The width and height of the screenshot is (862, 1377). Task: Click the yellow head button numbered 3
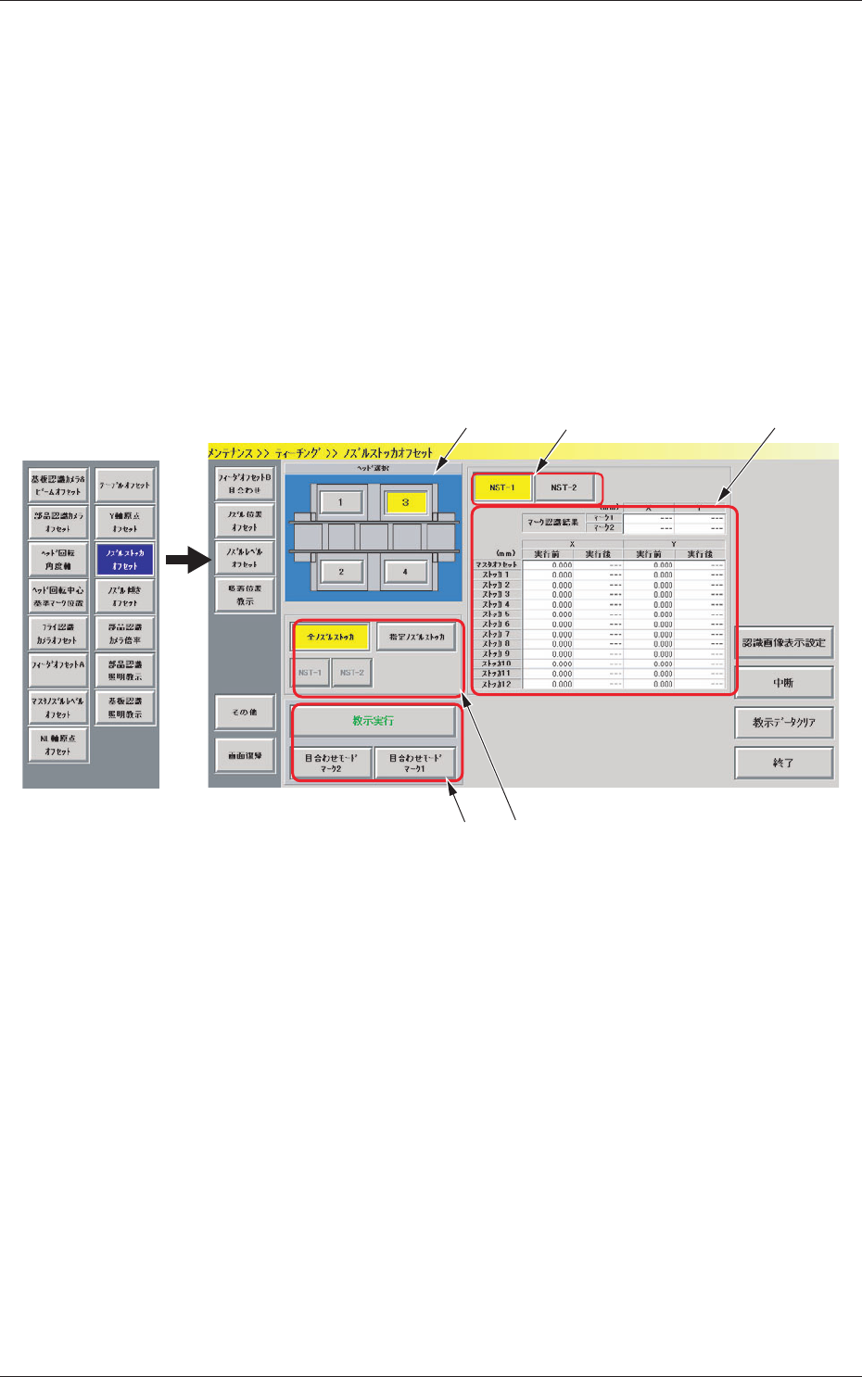(405, 502)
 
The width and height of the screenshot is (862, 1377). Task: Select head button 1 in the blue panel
(340, 502)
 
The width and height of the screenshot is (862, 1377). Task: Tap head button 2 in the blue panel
(340, 572)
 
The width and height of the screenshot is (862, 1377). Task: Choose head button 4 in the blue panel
(405, 572)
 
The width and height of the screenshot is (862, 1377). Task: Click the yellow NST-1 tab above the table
(502, 487)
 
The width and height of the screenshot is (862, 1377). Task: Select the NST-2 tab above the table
(564, 487)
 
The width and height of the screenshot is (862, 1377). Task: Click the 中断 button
(783, 683)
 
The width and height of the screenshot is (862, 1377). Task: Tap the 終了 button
(783, 763)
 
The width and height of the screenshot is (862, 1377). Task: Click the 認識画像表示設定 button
(783, 642)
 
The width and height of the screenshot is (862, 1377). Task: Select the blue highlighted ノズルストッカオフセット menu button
(125, 559)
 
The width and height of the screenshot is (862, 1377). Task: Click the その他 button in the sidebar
(245, 712)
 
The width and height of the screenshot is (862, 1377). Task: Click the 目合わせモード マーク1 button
(415, 763)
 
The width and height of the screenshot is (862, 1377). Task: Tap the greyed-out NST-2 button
(351, 673)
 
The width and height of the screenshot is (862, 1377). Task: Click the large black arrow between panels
(187, 559)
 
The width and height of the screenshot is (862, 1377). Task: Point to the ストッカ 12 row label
(497, 684)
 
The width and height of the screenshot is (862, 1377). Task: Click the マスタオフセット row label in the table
(497, 564)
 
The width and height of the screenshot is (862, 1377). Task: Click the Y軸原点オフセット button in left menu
(125, 522)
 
